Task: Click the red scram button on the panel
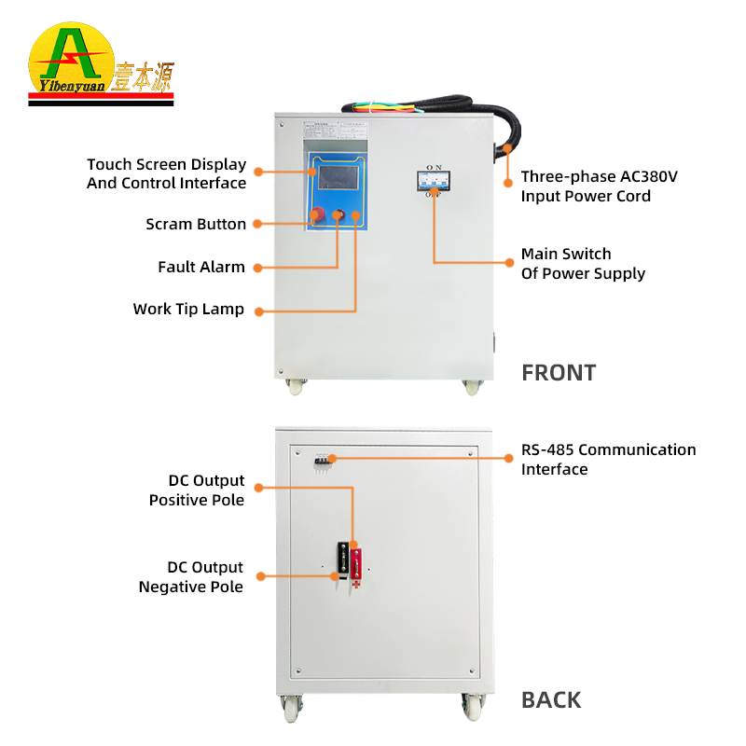pos(318,215)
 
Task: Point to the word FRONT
pos(558,373)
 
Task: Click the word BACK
pos(551,700)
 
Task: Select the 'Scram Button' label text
pos(196,225)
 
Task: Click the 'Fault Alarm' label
pos(201,267)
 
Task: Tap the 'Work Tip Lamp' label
pos(188,309)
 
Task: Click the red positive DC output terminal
pos(356,561)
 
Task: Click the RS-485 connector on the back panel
pos(325,458)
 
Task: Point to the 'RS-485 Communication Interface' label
pos(608,459)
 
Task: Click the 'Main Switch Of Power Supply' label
pos(583,263)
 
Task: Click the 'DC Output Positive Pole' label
pos(197,490)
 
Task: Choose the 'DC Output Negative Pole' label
pos(191,577)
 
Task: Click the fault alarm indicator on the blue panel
pos(338,216)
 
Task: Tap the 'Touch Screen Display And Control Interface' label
pos(167,173)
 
